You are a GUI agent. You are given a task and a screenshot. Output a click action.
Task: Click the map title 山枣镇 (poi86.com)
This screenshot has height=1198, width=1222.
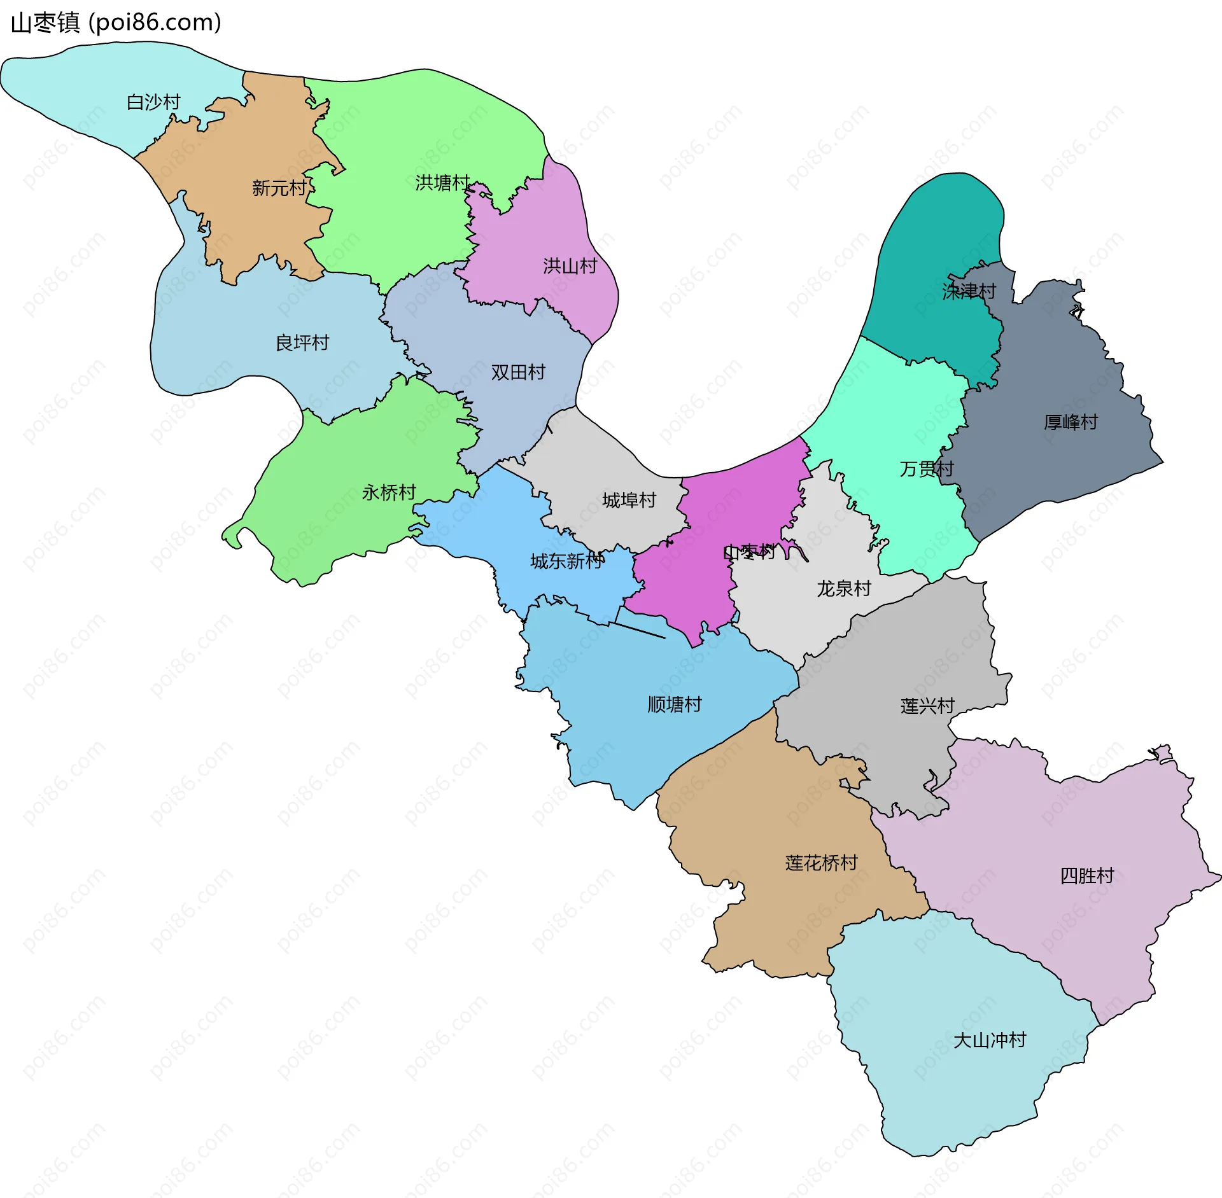116,23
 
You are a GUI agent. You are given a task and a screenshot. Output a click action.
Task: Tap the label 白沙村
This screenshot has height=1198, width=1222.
153,102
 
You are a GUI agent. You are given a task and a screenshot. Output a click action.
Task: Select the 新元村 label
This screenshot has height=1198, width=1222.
279,188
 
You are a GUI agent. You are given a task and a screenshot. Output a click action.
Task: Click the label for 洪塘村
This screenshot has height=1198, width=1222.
442,183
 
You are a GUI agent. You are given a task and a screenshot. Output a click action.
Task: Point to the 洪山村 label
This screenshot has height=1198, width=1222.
570,265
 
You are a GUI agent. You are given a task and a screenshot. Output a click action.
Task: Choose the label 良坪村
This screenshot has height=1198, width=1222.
302,343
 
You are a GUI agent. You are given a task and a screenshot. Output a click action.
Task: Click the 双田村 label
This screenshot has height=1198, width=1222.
518,372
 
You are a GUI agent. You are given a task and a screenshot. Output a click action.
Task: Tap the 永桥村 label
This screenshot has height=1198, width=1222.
388,492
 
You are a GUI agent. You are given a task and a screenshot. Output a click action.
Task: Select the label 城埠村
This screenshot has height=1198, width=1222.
629,500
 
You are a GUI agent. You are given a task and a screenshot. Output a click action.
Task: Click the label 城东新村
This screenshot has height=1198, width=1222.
566,561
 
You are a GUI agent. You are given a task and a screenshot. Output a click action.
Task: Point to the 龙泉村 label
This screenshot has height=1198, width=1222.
843,589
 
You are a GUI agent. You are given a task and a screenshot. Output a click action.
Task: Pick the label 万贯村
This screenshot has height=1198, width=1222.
926,469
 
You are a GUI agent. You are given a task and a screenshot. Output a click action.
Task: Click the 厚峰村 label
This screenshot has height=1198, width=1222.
1071,422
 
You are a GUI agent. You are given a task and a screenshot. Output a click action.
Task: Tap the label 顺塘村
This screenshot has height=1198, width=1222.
674,704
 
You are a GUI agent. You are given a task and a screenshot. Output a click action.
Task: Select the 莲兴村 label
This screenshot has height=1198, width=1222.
927,706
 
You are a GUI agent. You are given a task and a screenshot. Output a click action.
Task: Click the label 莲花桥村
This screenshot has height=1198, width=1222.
821,863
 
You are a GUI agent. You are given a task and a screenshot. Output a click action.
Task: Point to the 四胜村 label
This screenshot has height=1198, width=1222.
1086,876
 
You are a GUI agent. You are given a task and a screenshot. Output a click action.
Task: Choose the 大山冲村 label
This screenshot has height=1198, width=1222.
990,1040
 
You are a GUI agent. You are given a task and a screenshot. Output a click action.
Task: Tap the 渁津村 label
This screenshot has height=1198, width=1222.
969,291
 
